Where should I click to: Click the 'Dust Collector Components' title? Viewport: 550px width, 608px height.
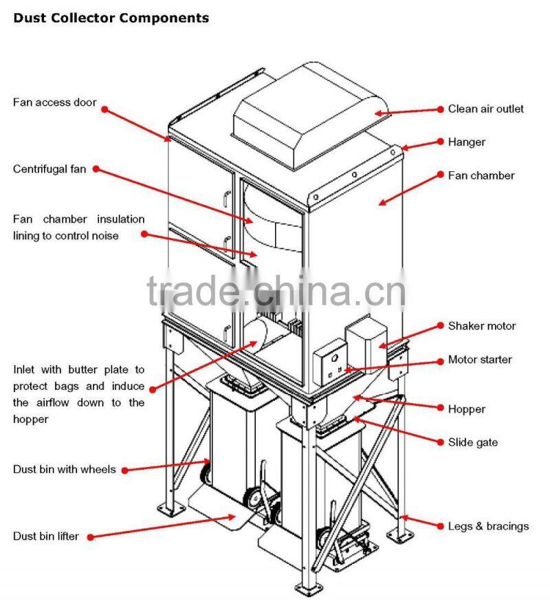click(x=111, y=18)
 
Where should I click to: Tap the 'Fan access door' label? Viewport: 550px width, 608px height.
click(x=54, y=103)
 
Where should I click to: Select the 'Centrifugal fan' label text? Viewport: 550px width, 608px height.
click(x=49, y=169)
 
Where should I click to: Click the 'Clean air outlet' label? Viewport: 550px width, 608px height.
click(x=485, y=109)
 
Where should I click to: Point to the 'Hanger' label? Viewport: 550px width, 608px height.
click(x=466, y=142)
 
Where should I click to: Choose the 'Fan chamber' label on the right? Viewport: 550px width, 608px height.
click(x=481, y=175)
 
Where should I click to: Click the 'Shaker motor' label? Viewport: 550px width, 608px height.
click(x=481, y=326)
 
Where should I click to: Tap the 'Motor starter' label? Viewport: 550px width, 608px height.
click(x=479, y=359)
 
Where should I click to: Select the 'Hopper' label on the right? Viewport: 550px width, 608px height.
click(x=466, y=409)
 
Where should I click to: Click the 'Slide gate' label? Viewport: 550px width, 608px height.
click(x=472, y=442)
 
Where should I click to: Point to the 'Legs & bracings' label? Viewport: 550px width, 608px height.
click(x=488, y=526)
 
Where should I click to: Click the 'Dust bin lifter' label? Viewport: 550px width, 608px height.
click(x=45, y=536)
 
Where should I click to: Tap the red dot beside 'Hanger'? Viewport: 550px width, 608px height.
click(x=441, y=142)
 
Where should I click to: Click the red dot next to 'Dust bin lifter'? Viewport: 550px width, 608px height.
click(x=89, y=536)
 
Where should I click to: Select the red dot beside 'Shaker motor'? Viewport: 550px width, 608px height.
click(x=441, y=326)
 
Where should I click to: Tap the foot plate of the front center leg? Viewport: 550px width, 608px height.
click(x=306, y=589)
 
